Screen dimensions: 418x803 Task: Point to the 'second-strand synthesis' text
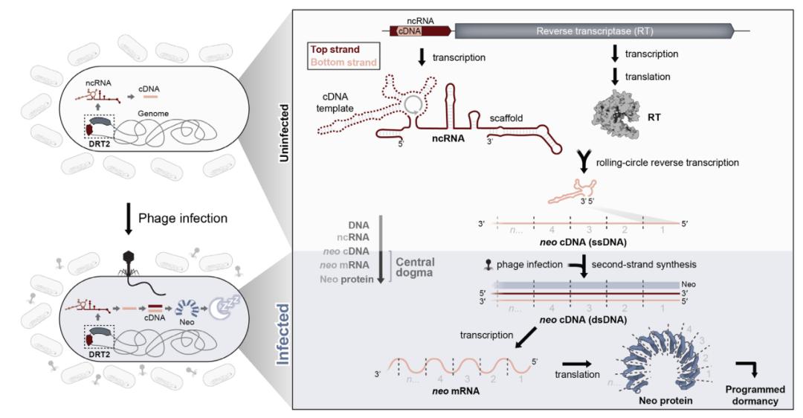[640, 264]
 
